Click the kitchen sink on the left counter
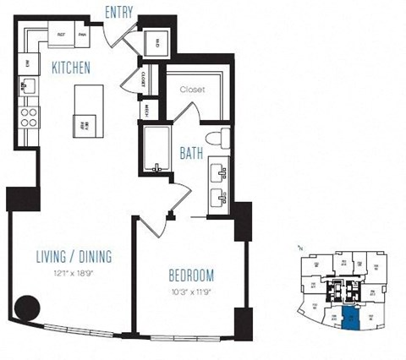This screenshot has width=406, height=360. (x=28, y=85)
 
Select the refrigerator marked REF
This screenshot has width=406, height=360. (x=62, y=34)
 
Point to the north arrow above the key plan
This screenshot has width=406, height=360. (x=301, y=248)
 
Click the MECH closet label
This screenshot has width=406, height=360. (x=145, y=110)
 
